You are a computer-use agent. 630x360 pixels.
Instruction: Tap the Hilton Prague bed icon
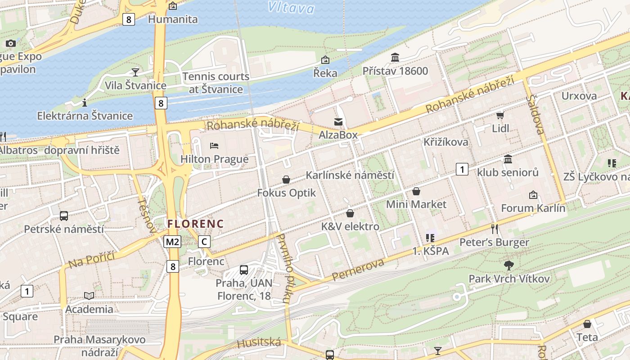[214, 146]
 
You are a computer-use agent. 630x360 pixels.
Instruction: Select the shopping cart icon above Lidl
[500, 115]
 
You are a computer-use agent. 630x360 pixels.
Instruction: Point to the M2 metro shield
[172, 242]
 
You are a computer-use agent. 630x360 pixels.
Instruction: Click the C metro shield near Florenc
[204, 242]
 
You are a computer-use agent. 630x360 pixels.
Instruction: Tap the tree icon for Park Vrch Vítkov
[509, 265]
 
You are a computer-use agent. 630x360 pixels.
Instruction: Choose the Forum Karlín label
[533, 208]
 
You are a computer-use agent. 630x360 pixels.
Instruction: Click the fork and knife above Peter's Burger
[495, 229]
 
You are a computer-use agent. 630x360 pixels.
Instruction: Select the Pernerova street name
[358, 270]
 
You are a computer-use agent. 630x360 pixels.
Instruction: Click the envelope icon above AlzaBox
[338, 121]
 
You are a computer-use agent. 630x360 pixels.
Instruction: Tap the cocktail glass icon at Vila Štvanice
[135, 72]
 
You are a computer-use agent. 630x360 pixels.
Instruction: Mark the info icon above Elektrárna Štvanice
[85, 103]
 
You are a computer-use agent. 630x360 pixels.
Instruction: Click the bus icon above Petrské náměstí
[64, 216]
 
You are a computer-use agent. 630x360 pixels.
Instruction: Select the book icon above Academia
[89, 296]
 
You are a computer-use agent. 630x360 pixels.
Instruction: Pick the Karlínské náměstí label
[350, 175]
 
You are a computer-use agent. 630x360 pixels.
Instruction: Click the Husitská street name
[259, 343]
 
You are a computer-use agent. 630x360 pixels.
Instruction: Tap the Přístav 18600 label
[395, 71]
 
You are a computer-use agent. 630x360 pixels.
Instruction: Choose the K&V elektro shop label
[350, 226]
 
